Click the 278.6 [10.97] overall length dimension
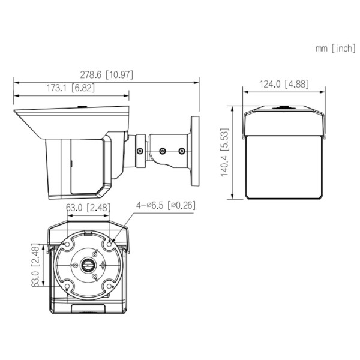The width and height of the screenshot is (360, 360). [107, 75]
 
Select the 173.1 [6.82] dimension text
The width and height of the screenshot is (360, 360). [70, 88]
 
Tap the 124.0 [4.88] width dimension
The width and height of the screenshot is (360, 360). [285, 84]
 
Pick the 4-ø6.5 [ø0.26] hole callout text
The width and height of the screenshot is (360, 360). [166, 205]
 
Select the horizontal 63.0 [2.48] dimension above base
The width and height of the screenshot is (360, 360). [88, 208]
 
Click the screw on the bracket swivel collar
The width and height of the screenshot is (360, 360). [140, 151]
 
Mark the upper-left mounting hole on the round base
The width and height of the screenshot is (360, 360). [65, 244]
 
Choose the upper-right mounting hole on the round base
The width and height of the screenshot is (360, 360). [110, 242]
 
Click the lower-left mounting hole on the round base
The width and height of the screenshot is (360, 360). [65, 286]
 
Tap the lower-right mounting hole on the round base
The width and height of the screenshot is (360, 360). [110, 286]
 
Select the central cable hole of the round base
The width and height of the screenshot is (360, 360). [88, 265]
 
